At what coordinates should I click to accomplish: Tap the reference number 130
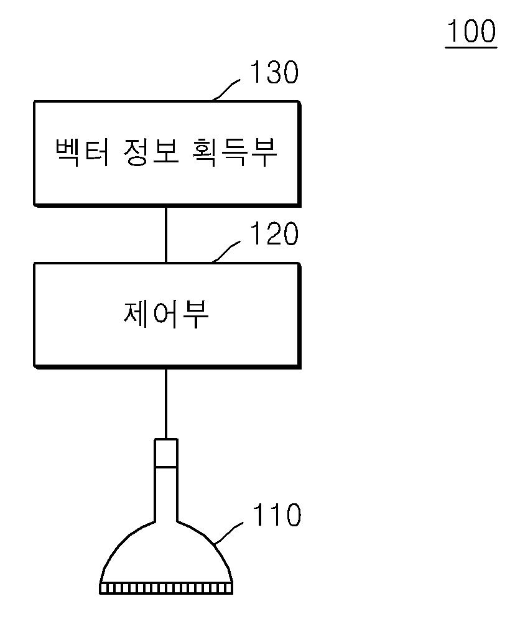[x=274, y=73]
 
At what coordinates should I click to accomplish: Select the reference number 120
[x=274, y=235]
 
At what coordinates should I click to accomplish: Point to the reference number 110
[x=276, y=516]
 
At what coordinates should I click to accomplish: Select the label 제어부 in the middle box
[x=166, y=315]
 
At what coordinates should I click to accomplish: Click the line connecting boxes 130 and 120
[x=166, y=234]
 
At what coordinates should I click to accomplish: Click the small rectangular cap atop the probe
[x=166, y=453]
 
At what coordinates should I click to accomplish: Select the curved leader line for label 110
[x=231, y=535]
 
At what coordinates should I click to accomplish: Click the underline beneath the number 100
[x=471, y=46]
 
